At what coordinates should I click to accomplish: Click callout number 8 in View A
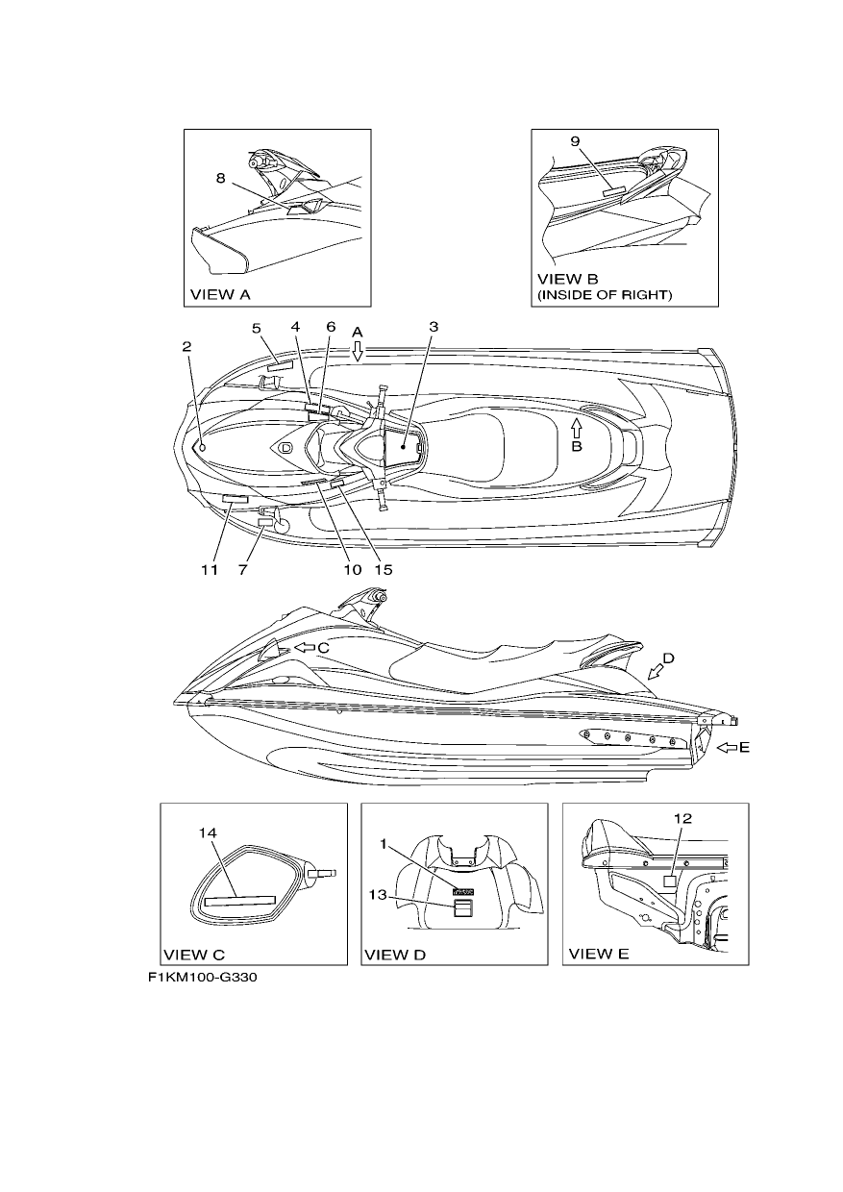click(x=220, y=178)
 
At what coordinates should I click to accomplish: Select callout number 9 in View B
click(x=575, y=141)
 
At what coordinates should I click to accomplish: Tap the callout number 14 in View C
click(x=208, y=832)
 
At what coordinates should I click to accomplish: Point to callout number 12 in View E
click(x=682, y=818)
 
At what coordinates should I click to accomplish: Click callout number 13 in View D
click(x=378, y=895)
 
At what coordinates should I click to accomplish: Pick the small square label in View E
click(x=670, y=882)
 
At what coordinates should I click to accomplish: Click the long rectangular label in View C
click(x=240, y=901)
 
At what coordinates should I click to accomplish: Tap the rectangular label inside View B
click(x=614, y=191)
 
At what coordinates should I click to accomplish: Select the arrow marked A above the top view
click(x=358, y=350)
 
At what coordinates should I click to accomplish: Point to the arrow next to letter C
click(x=305, y=648)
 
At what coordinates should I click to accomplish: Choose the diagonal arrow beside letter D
click(x=656, y=673)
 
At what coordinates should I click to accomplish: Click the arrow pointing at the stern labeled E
click(x=726, y=748)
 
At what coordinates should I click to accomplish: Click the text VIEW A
click(x=220, y=294)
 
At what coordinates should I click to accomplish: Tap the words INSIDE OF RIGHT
click(x=605, y=295)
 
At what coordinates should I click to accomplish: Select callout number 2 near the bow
click(x=186, y=346)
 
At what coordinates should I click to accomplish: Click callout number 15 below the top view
click(x=384, y=570)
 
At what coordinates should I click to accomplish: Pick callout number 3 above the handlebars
click(x=434, y=326)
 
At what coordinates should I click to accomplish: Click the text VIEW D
click(x=395, y=955)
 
